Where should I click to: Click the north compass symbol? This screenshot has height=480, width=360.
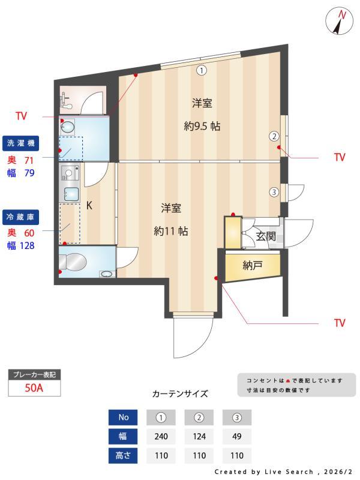point(340,22)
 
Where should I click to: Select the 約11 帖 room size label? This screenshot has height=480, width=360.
point(171,231)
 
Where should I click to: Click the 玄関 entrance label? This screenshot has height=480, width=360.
point(266,236)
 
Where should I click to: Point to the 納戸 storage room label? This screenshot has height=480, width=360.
point(252,265)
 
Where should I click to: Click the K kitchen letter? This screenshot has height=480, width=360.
point(89,206)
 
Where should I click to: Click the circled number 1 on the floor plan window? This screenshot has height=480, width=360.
point(202,70)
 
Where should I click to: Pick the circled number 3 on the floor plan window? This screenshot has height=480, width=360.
point(274,193)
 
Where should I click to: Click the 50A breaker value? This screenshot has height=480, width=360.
point(34,388)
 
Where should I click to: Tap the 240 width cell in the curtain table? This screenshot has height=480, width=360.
point(160,436)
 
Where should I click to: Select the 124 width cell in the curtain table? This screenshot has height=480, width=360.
point(199,436)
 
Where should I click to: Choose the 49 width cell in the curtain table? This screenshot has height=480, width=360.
point(237,436)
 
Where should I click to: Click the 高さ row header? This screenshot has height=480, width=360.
point(124,455)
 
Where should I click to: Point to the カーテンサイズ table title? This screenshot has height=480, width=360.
point(180,394)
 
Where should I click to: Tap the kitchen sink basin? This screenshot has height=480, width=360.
point(71,194)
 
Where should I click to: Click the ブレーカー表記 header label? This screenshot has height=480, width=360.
point(34,375)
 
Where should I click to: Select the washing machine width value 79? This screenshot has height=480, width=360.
point(29,173)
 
